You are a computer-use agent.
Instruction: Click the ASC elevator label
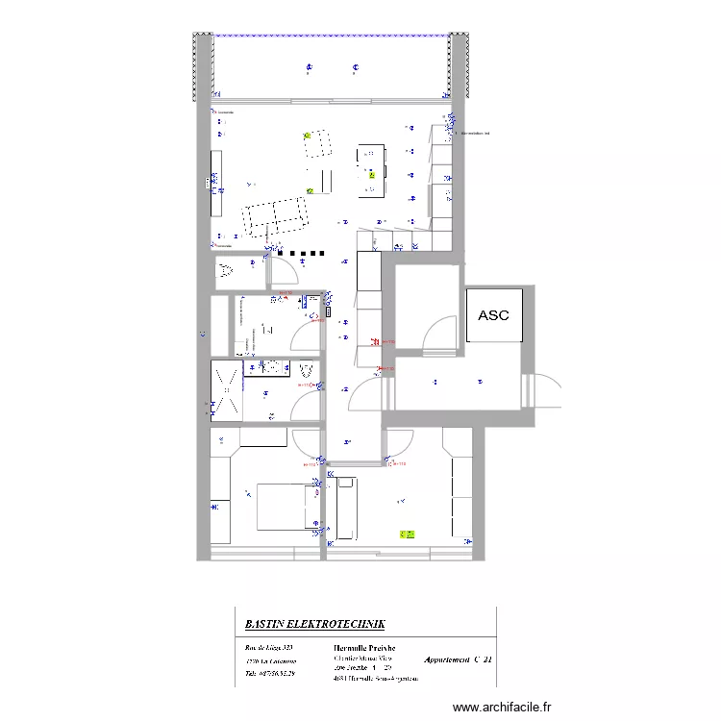(x=494, y=315)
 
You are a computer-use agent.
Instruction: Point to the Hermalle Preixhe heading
(x=363, y=648)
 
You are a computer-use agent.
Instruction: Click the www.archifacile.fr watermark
(x=502, y=706)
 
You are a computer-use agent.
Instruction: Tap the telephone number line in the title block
(x=269, y=674)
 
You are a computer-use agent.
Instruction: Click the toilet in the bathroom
(x=307, y=369)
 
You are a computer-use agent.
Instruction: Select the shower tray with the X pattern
(x=227, y=390)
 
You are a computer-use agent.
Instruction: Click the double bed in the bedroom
(x=287, y=507)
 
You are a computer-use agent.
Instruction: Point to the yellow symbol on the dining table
(x=371, y=176)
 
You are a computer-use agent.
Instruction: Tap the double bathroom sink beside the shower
(x=273, y=366)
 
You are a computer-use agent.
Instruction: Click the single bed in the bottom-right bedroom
(x=346, y=510)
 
